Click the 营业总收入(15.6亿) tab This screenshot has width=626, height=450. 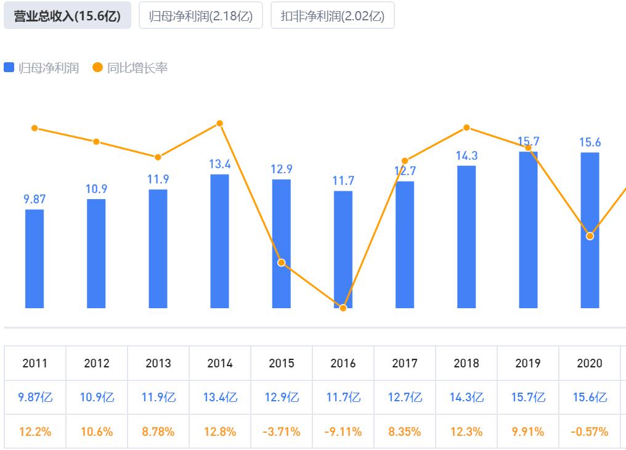pyautogui.click(x=67, y=16)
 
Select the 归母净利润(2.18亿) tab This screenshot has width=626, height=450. pyautogui.click(x=201, y=16)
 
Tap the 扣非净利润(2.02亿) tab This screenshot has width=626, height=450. pyautogui.click(x=332, y=16)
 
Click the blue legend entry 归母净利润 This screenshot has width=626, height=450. pyautogui.click(x=42, y=68)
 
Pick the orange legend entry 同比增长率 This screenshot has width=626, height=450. pyautogui.click(x=130, y=68)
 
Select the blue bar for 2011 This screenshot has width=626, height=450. pyautogui.click(x=35, y=259)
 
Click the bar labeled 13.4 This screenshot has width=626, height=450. pyautogui.click(x=220, y=240)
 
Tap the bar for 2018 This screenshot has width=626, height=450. pyautogui.click(x=466, y=237)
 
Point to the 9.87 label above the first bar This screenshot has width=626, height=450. pyautogui.click(x=35, y=199)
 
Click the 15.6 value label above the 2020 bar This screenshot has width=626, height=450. pyautogui.click(x=590, y=142)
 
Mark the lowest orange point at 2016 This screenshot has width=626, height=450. pyautogui.click(x=343, y=308)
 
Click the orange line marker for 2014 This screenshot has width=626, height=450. pyautogui.click(x=220, y=123)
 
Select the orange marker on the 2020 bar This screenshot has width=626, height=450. pyautogui.click(x=590, y=236)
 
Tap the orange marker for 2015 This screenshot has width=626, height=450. pyautogui.click(x=282, y=263)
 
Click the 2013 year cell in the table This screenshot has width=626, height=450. pyautogui.click(x=158, y=363)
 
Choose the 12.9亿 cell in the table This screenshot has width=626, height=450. pyautogui.click(x=282, y=398)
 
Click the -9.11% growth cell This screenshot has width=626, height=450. pyautogui.click(x=343, y=432)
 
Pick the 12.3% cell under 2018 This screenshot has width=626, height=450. pyautogui.click(x=466, y=432)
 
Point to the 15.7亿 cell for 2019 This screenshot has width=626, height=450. pyautogui.click(x=528, y=398)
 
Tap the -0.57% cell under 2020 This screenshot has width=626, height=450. pyautogui.click(x=590, y=432)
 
